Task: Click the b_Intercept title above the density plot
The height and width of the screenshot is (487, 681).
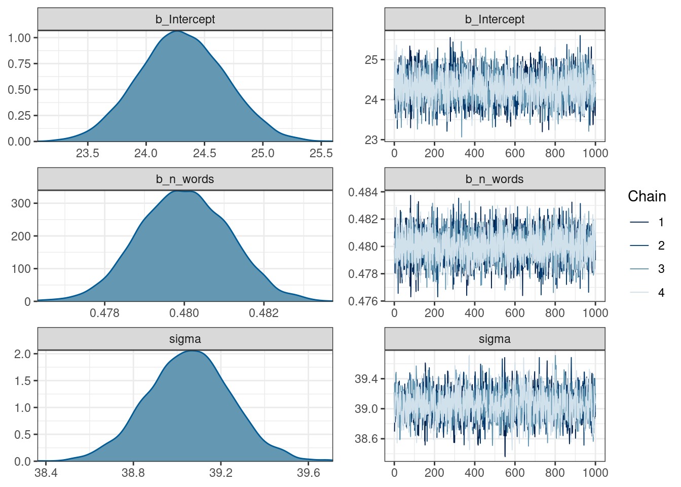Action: [185, 19]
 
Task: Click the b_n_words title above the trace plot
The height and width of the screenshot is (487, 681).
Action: [495, 179]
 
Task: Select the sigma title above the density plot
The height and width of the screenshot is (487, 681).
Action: [185, 339]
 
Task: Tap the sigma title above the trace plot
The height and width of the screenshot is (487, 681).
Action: [495, 339]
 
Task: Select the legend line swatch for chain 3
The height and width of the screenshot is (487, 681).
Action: [639, 269]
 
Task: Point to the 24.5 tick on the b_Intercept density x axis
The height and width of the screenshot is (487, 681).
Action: [204, 153]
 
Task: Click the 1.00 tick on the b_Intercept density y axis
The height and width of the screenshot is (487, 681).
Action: [19, 38]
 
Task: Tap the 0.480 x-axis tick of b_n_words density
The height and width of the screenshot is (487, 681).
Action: [184, 313]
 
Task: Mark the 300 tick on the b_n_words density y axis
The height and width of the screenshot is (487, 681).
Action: [21, 203]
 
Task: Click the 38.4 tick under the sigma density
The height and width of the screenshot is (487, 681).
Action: [46, 473]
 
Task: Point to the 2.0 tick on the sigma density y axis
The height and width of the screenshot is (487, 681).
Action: [23, 354]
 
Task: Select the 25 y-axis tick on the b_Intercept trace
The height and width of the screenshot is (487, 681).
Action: [371, 60]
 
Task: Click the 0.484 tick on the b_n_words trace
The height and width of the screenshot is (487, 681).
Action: [363, 192]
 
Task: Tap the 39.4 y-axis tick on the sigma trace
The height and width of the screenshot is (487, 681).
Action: [366, 379]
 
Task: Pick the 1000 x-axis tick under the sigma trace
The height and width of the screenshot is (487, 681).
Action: [595, 473]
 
